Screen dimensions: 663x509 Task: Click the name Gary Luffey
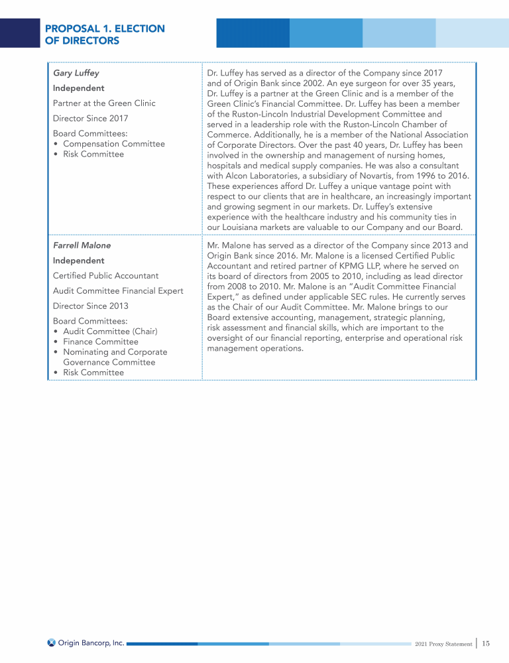coord(76,73)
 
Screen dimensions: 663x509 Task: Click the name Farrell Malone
coord(82,245)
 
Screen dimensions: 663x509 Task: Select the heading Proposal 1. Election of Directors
coord(105,34)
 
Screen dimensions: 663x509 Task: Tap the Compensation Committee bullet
coord(113,144)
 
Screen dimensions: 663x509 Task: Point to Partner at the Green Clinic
coord(104,103)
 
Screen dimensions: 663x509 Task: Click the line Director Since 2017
coord(90,119)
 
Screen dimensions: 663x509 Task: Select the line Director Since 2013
coord(90,306)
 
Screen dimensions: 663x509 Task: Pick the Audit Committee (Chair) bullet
coord(110,331)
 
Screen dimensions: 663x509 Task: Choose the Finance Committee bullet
coord(100,342)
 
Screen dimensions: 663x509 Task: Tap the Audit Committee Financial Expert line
coord(118,291)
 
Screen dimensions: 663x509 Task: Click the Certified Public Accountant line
coord(105,276)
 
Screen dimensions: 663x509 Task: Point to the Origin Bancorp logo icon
coord(52,642)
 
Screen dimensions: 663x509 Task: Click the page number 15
coord(486,643)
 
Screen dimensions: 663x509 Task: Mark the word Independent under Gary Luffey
coord(78,88)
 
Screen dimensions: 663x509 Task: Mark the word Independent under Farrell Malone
coord(78,261)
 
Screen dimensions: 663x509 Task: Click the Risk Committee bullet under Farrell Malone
coord(93,373)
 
